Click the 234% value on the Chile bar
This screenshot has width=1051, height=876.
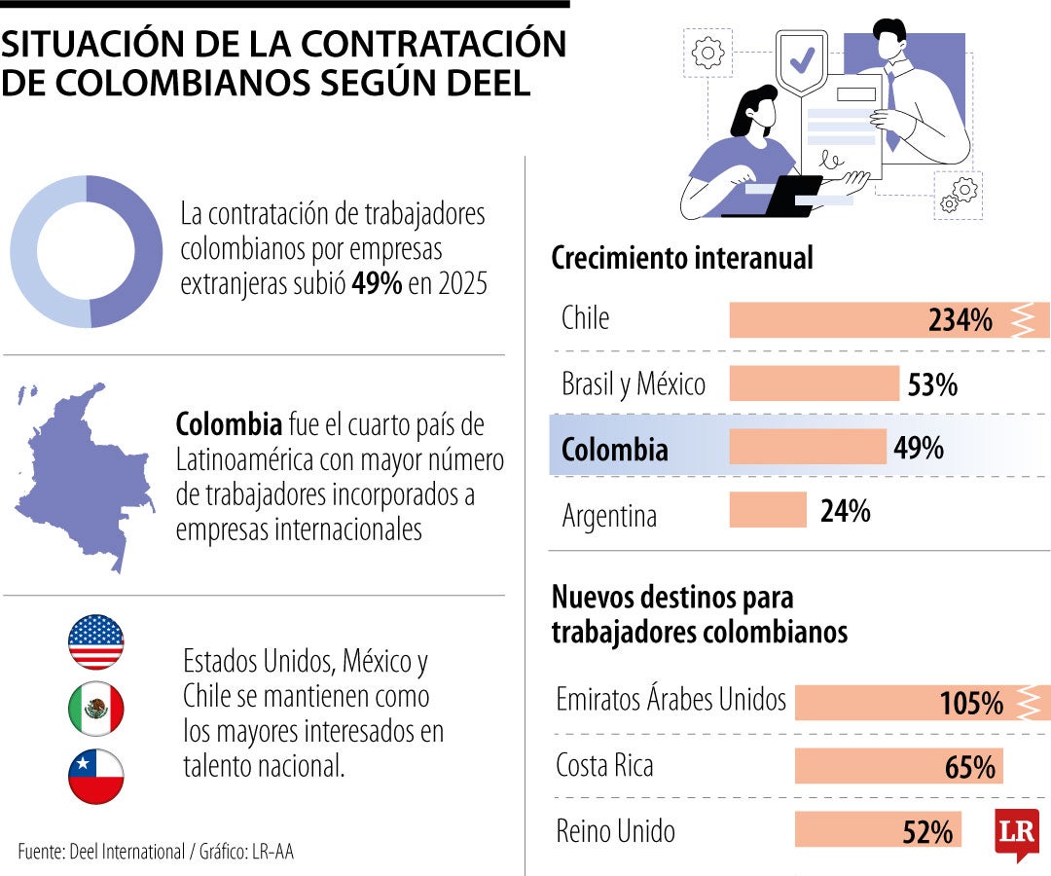click(960, 320)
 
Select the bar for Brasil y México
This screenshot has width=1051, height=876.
click(814, 383)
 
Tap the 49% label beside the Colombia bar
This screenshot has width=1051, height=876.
click(918, 448)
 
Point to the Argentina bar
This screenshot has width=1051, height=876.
click(768, 510)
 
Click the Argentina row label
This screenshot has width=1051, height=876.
click(609, 515)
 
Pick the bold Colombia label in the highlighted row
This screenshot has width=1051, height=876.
click(615, 450)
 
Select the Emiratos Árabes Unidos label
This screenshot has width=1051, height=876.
click(670, 699)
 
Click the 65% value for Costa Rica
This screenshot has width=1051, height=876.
click(969, 767)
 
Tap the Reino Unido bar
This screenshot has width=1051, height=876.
click(877, 830)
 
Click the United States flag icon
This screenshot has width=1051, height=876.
click(96, 642)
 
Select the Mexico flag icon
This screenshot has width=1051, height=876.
click(96, 710)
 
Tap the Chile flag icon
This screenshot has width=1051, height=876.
click(96, 777)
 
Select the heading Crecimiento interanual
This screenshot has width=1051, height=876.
click(681, 259)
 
